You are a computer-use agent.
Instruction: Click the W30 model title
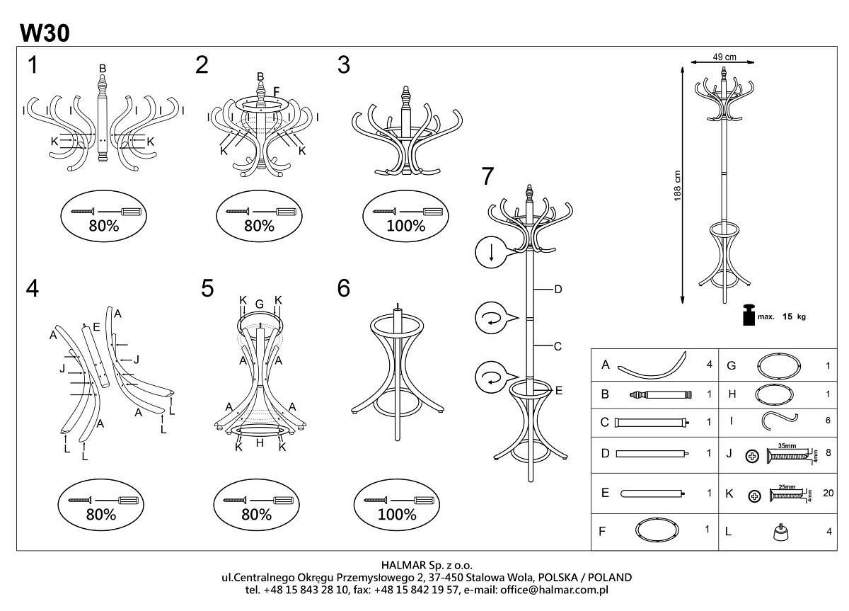coord(45,32)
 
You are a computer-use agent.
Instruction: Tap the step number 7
coord(487,176)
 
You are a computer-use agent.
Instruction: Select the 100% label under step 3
coord(406,226)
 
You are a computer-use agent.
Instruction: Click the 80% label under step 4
coord(100,515)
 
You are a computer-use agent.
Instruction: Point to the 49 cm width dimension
coord(724,57)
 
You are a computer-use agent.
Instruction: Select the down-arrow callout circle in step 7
coord(490,252)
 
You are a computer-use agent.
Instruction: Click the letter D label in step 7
coord(558,289)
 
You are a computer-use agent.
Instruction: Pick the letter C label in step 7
coord(558,346)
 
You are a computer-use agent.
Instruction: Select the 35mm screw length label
coord(787,447)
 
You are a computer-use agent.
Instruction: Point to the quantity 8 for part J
coord(828,454)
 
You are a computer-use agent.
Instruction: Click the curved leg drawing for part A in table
coord(652,365)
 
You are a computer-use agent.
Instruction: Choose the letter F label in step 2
coord(277,91)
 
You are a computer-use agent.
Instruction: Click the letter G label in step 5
coord(260,304)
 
